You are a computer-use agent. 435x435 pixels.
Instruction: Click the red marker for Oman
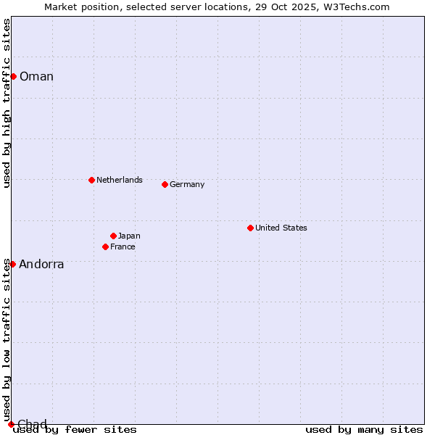[13, 76]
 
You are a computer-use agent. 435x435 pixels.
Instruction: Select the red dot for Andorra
[12, 264]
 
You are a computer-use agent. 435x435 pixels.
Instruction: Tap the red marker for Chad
[11, 424]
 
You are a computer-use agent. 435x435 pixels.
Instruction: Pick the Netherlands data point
[91, 180]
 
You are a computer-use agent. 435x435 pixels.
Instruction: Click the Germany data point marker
[165, 184]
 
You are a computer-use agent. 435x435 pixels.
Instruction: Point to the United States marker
[250, 228]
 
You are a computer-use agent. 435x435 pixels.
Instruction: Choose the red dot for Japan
[113, 236]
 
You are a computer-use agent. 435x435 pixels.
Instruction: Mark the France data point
[105, 246]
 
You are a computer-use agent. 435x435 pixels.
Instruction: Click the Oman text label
[36, 77]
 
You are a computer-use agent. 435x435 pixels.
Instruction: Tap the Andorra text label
[41, 265]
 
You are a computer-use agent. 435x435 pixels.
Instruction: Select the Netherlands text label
[120, 180]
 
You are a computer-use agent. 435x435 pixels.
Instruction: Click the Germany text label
[187, 184]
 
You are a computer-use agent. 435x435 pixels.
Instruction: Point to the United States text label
[281, 228]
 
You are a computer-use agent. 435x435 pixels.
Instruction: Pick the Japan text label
[129, 236]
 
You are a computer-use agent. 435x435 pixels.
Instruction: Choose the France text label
[123, 246]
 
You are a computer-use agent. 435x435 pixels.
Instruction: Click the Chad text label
[32, 424]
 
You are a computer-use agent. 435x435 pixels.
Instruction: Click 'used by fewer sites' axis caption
[75, 430]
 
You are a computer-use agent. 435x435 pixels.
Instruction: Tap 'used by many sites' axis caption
[364, 430]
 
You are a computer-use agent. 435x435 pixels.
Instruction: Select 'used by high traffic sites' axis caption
[7, 103]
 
